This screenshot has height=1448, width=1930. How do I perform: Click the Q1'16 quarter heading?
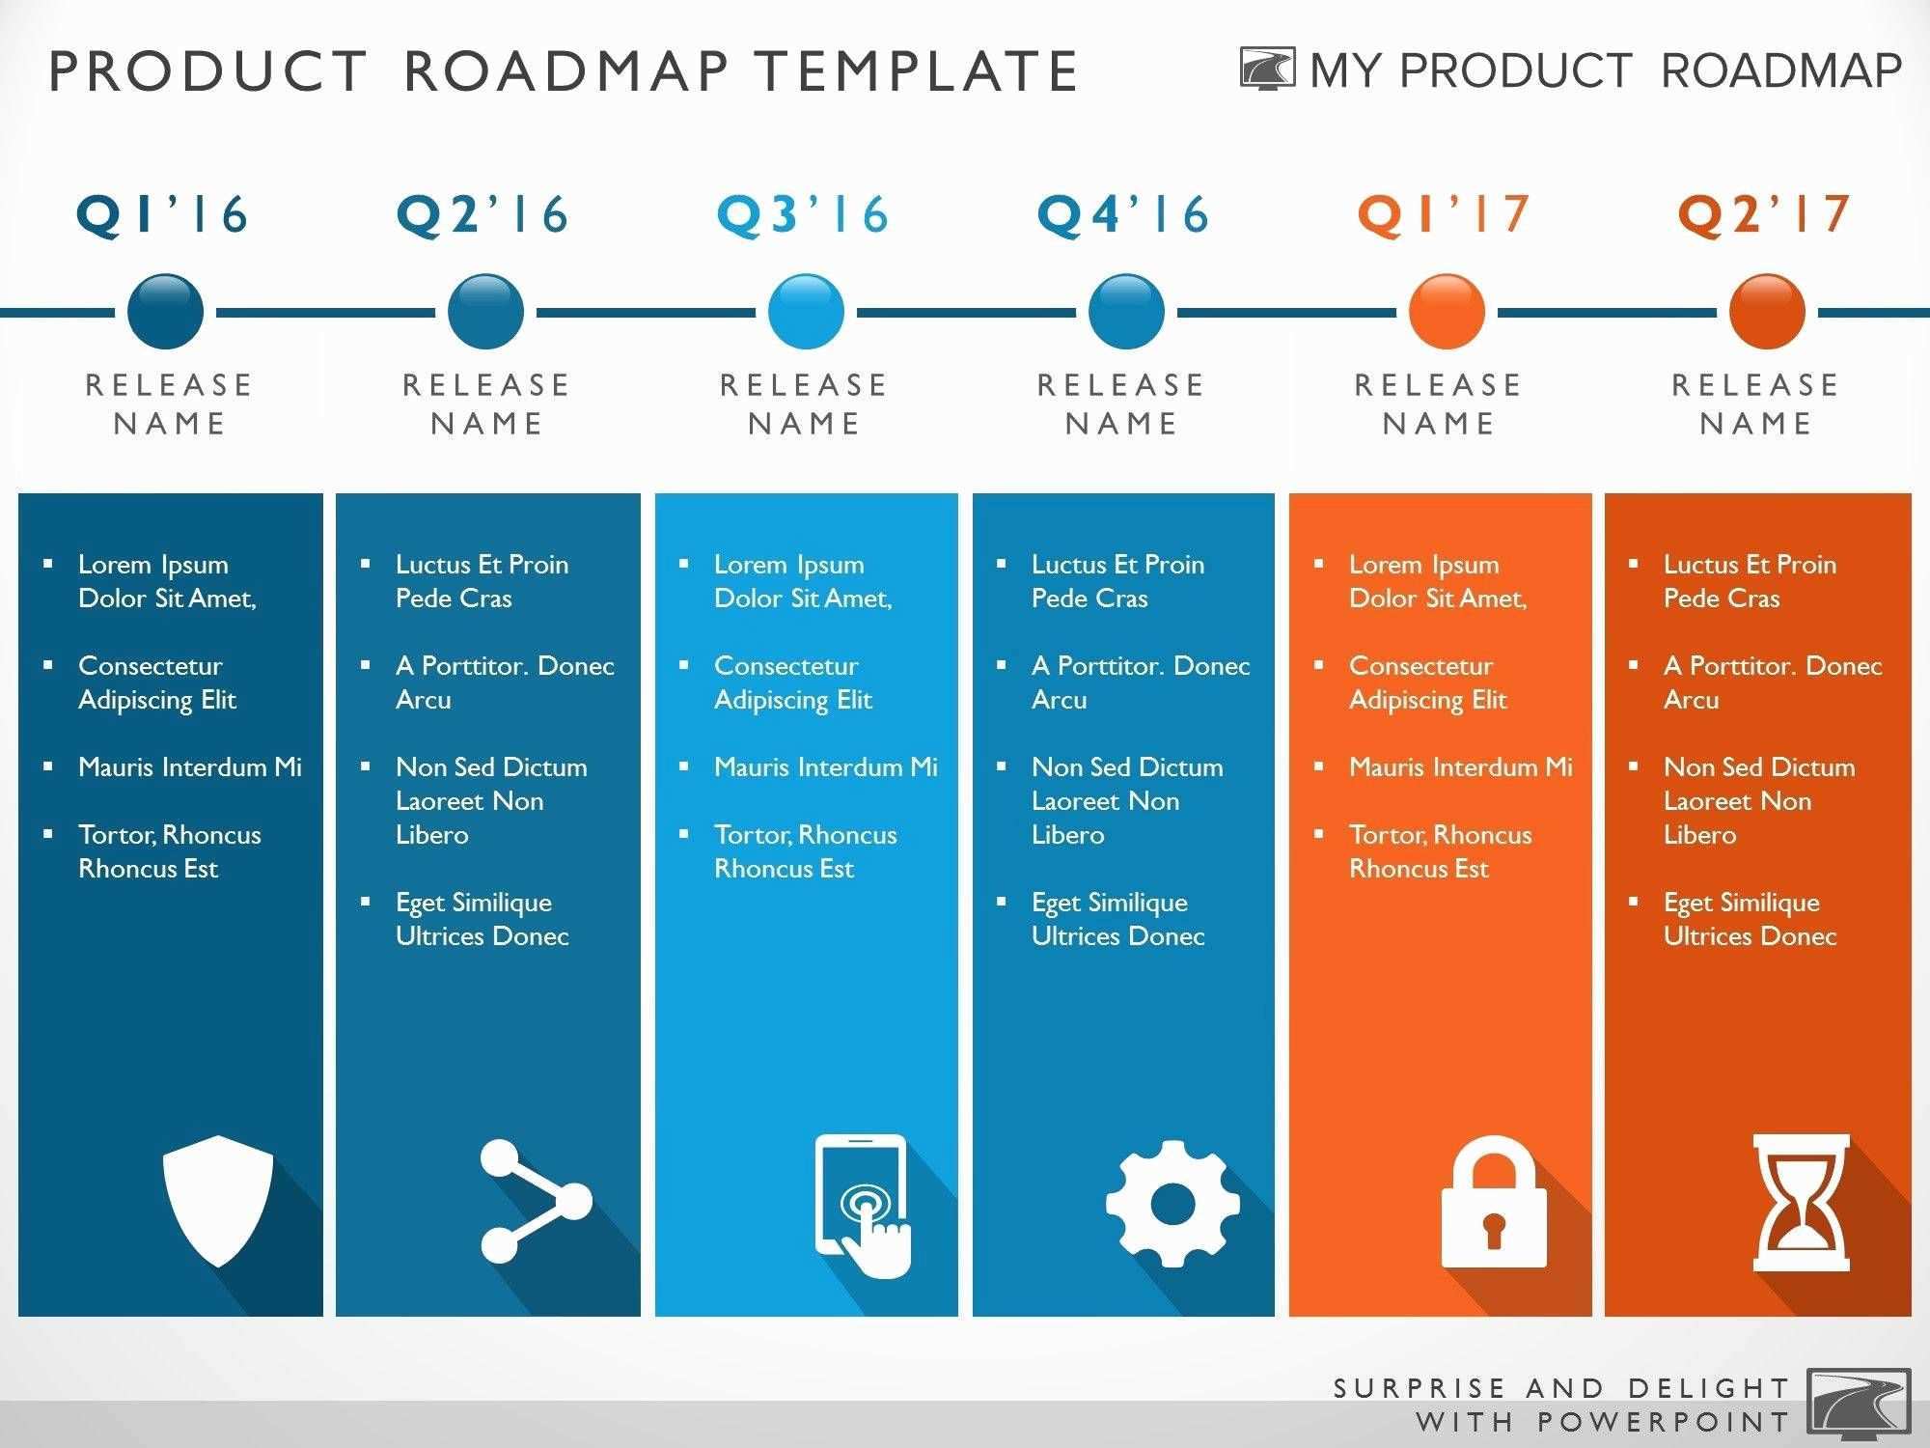point(162,214)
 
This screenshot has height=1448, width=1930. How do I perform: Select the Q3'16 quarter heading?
point(803,214)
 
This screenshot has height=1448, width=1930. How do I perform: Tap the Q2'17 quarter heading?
point(1765,214)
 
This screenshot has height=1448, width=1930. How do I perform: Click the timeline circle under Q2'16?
point(486,312)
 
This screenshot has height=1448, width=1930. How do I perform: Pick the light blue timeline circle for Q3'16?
point(807,312)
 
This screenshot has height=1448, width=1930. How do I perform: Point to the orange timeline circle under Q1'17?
point(1447,312)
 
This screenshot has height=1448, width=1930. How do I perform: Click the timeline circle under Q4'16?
point(1126,312)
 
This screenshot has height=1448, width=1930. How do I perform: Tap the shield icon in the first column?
point(218,1200)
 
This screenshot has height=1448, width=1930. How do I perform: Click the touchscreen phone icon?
point(863,1205)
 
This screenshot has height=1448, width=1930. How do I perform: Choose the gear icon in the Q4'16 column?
point(1173,1203)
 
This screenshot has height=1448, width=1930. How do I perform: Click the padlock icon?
point(1494,1202)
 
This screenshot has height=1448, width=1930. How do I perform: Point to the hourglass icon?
point(1801,1202)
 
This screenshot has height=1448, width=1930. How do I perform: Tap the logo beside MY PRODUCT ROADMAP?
point(1267,70)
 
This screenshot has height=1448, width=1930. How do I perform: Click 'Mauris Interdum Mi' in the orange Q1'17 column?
point(1460,767)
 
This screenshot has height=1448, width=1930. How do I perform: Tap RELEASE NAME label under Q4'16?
point(1121,404)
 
